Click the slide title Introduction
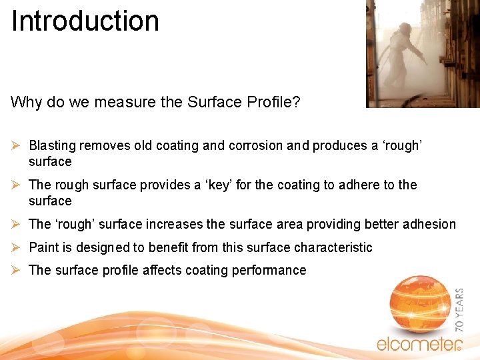85,21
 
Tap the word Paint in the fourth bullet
43,247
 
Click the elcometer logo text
419,344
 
